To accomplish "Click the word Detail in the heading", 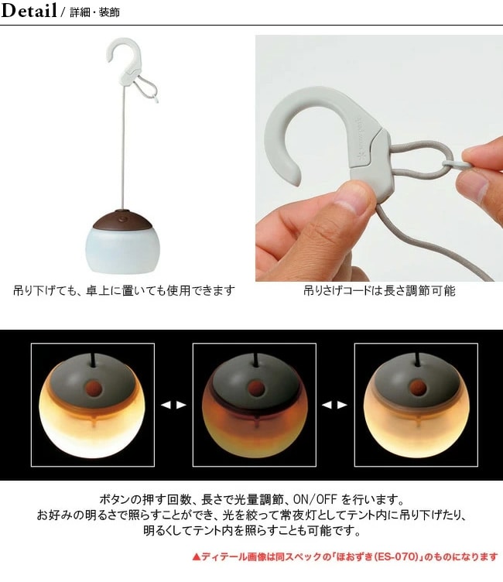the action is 29,10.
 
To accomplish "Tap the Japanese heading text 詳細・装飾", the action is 94,12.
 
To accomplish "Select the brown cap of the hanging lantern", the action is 122,220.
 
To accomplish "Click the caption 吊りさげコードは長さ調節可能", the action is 379,291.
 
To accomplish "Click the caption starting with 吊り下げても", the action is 124,290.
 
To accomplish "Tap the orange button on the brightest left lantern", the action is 93,389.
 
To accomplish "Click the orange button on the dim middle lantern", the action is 255,389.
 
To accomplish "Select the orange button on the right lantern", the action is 416,388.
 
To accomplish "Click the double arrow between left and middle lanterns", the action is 173,405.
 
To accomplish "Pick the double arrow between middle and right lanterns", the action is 334,405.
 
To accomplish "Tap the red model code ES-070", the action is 400,556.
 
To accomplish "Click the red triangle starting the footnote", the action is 197,556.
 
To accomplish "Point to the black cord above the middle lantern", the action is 255,360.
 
